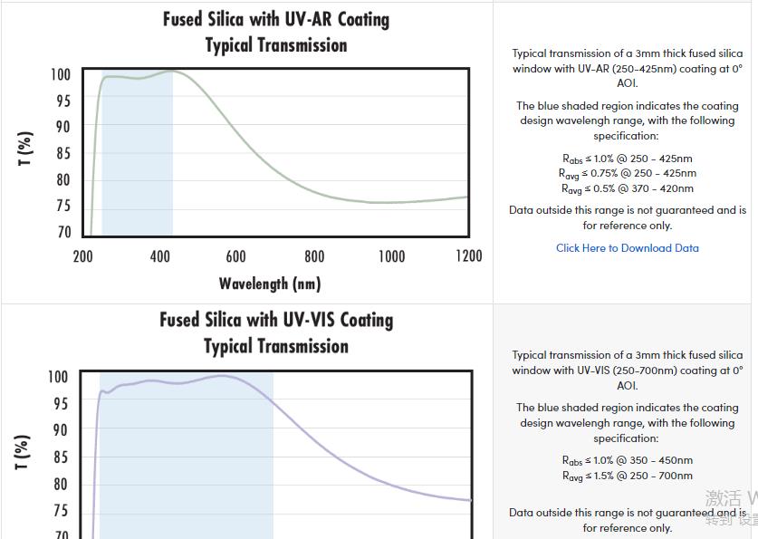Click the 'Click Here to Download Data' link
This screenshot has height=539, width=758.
627,248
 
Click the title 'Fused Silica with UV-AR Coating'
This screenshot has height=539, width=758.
276,19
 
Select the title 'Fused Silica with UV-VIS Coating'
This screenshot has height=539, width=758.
276,320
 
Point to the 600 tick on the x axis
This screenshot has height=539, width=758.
235,256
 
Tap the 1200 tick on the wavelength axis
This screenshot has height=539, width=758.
468,256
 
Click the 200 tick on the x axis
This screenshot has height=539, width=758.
82,256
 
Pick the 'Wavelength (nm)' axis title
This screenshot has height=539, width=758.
270,284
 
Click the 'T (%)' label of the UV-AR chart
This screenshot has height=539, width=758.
25,149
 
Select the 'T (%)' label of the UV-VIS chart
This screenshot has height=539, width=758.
24,452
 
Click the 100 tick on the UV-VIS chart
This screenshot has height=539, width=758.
58,377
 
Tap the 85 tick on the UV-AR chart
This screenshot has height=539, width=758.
62,153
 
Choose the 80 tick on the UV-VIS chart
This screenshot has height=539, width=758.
60,484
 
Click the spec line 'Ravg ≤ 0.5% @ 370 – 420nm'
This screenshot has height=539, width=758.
627,188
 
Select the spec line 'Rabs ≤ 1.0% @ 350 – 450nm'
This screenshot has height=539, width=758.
627,460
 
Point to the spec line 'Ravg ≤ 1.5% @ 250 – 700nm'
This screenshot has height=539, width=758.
627,476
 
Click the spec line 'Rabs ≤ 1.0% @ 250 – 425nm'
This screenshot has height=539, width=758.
627,159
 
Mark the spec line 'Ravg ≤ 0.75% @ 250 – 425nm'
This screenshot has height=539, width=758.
627,173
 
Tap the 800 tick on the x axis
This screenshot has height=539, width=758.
314,256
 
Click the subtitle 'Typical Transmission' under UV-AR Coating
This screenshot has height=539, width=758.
276,45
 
